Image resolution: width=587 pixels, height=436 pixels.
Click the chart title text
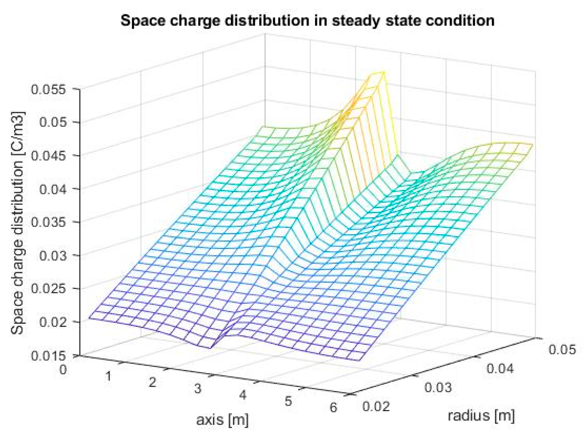pos(307,21)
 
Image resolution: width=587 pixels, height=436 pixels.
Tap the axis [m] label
pos(222,420)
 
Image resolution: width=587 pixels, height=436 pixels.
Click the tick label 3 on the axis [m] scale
pos(198,388)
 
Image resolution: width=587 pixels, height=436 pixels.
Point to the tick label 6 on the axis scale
pos(333,407)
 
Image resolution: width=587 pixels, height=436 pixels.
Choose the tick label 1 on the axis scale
pos(108,376)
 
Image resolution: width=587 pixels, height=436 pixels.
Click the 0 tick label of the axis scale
pos(63,370)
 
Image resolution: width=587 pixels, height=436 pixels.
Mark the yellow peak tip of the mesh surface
pos(383,72)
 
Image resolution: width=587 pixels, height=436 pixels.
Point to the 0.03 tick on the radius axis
pos(438,387)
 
